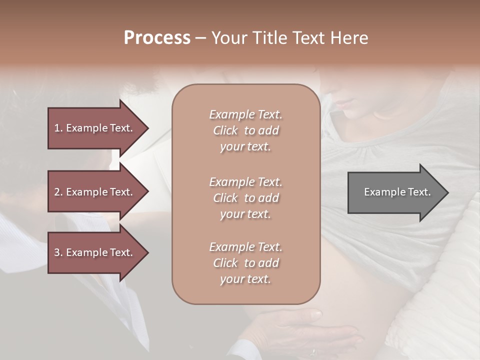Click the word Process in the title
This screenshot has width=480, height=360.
click(x=157, y=38)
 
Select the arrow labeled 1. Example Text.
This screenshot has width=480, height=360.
click(x=95, y=128)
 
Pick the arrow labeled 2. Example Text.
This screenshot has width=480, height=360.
click(x=95, y=192)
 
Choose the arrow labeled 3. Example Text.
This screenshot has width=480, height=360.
click(x=95, y=252)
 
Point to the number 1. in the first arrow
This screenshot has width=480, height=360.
click(x=58, y=128)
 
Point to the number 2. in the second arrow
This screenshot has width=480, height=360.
click(x=58, y=192)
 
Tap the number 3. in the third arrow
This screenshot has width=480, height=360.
click(x=58, y=252)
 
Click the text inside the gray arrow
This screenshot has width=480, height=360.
click(x=397, y=192)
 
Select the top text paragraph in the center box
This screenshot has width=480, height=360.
click(x=246, y=130)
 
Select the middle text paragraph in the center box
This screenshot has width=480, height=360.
click(x=246, y=198)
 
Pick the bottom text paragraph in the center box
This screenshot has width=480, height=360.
click(x=246, y=263)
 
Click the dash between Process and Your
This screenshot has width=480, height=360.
click(x=201, y=38)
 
